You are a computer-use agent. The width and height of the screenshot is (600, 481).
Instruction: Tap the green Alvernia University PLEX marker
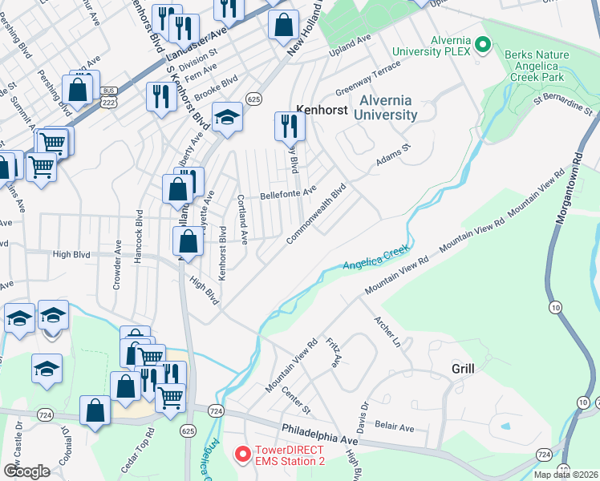coord(483,46)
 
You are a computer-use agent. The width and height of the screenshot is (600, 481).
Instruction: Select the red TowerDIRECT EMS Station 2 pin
coord(241,455)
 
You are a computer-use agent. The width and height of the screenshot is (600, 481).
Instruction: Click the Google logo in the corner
coord(26,471)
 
